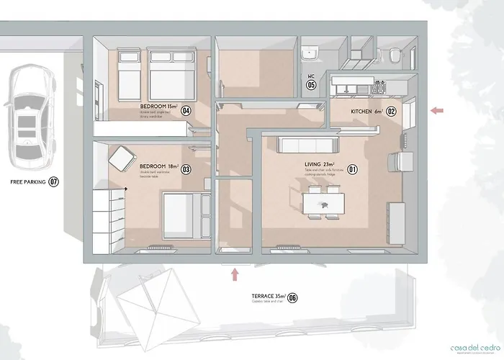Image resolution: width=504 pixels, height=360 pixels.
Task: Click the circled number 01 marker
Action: [x=353, y=170]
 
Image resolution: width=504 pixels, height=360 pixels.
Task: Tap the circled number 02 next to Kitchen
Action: [x=392, y=112]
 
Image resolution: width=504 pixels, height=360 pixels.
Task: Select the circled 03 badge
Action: [x=186, y=170]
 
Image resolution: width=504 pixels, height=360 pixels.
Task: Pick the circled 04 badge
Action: [x=185, y=111]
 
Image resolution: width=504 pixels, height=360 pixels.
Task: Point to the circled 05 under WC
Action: [x=311, y=84]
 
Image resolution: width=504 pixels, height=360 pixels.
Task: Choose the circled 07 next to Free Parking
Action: [x=53, y=182]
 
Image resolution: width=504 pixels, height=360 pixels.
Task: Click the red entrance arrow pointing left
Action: [x=437, y=110]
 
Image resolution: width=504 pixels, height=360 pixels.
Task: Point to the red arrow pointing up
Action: [x=235, y=274]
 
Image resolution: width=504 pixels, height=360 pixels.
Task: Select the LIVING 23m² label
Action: [x=320, y=165]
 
